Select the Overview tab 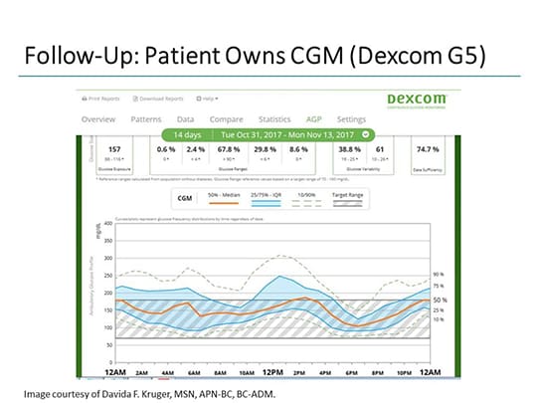[98, 118]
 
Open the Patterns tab [146, 118]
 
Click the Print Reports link [106, 100]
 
